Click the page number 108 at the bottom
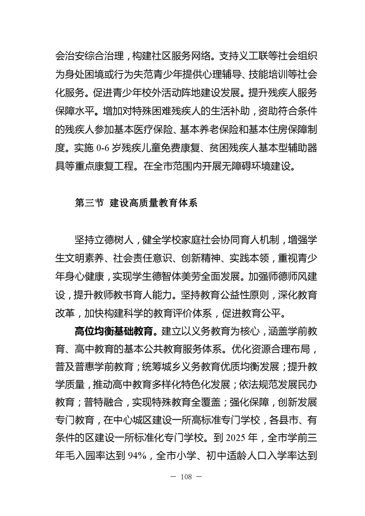(183, 476)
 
